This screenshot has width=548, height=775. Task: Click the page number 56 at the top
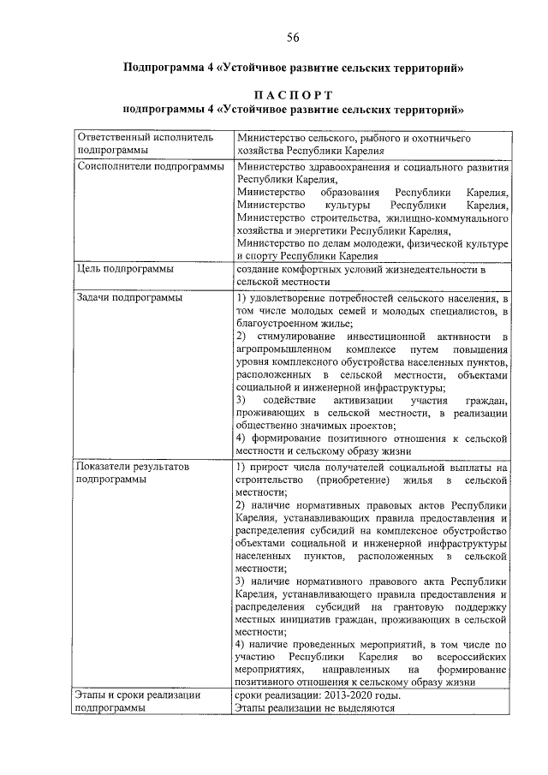pos(293,37)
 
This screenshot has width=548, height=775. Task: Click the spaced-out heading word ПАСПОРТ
pos(293,93)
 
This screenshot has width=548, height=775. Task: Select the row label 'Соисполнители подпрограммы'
pos(151,166)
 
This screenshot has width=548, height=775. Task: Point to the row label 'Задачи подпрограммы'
pos(129,297)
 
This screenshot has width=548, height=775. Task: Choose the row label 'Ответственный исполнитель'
pos(143,137)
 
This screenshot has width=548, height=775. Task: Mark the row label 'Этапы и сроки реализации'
pos(139,695)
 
